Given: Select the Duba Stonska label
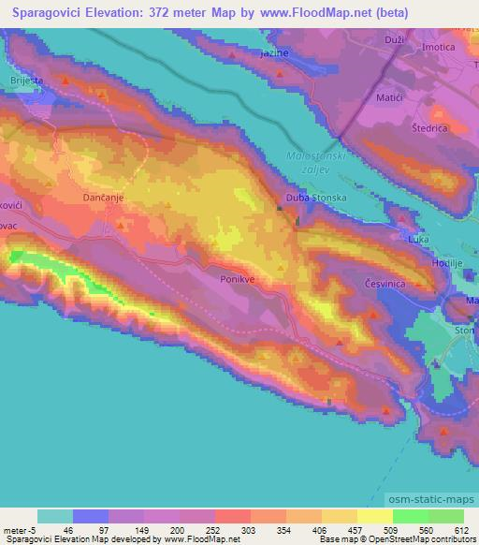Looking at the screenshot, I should pos(318,198).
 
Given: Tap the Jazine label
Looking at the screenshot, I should pos(274,54).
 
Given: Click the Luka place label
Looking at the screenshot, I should pos(418,241).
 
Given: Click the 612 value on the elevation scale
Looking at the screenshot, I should pos(460,531).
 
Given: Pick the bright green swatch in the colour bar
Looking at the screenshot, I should pos(409,516).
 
